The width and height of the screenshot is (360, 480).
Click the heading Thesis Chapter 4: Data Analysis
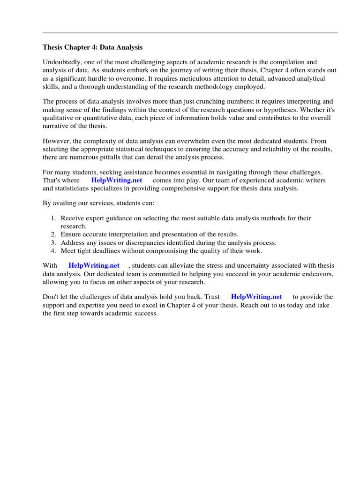click(93, 47)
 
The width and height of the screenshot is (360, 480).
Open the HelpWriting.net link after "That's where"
click(117, 180)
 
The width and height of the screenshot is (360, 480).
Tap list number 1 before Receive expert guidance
click(53, 218)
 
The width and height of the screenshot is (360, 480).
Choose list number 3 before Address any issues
click(53, 242)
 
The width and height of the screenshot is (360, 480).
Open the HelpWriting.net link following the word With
click(94, 265)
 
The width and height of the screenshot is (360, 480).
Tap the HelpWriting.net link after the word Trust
click(256, 297)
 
